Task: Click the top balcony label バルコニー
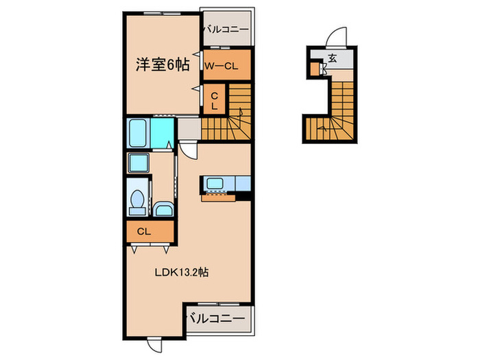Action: (226, 29)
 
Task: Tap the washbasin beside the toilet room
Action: (164, 210)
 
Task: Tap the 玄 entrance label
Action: (332, 58)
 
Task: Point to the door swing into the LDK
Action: (189, 149)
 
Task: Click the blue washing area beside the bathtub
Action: (162, 133)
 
